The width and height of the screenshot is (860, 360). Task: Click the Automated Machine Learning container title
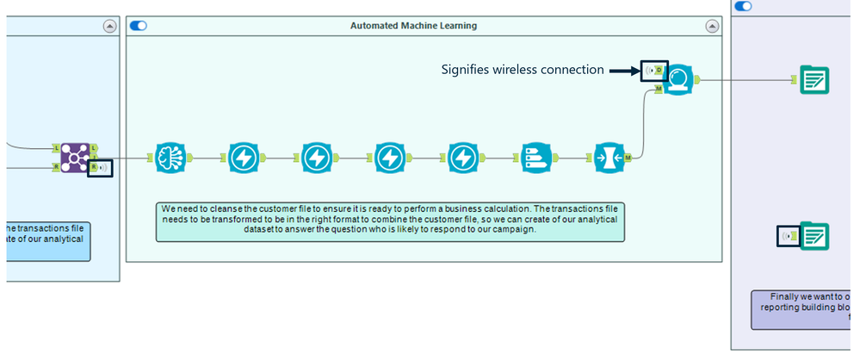[x=413, y=26]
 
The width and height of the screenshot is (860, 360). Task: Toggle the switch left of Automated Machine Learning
[x=138, y=26]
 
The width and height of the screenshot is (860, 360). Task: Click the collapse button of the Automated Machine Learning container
[x=713, y=27]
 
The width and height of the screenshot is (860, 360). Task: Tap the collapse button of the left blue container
[x=109, y=27]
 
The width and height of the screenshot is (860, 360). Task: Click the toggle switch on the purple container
[x=743, y=6]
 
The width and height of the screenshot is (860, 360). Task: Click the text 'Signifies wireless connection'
[x=523, y=70]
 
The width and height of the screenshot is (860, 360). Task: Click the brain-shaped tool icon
[x=170, y=158]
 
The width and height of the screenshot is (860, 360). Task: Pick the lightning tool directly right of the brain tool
[x=244, y=158]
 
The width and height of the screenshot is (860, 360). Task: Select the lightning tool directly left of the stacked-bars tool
[x=463, y=158]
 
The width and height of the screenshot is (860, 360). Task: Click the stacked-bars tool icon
[x=536, y=158]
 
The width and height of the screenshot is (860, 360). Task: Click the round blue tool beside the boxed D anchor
[x=678, y=80]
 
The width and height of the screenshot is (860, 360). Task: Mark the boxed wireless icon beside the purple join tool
[x=100, y=168]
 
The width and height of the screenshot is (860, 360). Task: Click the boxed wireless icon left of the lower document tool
[x=788, y=235]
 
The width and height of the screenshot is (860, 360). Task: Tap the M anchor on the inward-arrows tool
[x=628, y=158]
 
